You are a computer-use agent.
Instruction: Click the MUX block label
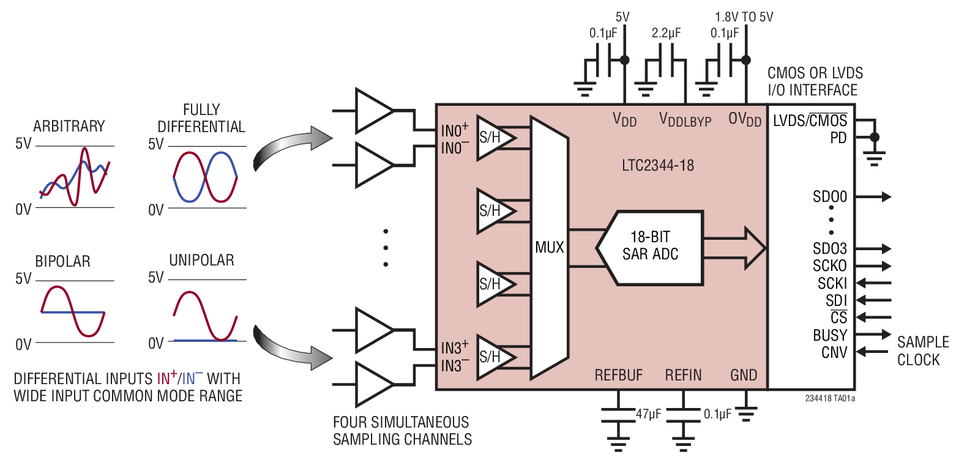click(x=549, y=248)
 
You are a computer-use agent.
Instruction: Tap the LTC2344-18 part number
click(x=657, y=165)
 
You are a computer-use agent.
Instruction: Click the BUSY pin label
click(x=830, y=335)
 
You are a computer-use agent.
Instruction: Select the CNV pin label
click(x=834, y=352)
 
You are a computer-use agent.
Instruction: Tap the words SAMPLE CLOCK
click(x=922, y=351)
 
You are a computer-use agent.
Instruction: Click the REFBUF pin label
click(x=619, y=375)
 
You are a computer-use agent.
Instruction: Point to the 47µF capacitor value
click(x=648, y=414)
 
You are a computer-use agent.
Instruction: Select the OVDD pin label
click(x=745, y=120)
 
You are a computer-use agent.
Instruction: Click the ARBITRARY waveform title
click(x=69, y=127)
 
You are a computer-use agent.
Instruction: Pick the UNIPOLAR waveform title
click(x=201, y=261)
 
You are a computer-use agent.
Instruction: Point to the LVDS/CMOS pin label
click(x=810, y=120)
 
